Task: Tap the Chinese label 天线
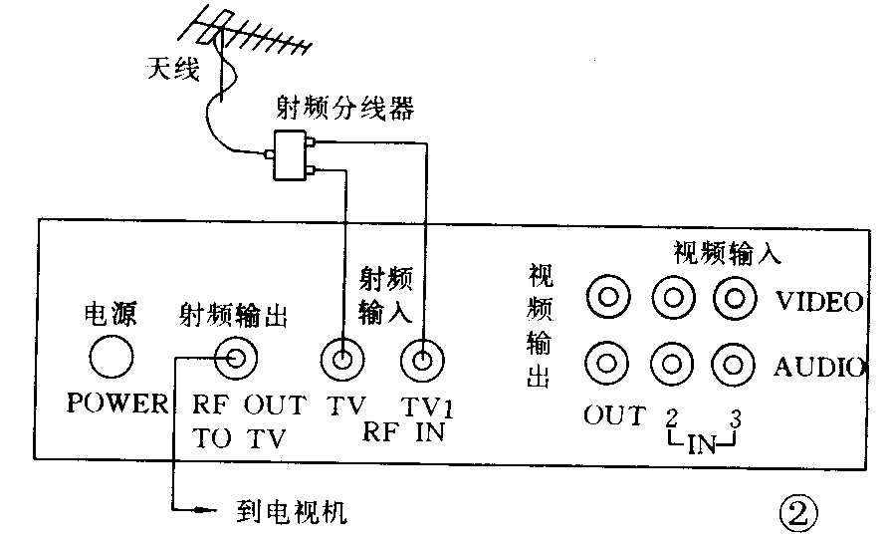click(174, 70)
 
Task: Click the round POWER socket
click(111, 356)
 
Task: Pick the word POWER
click(117, 405)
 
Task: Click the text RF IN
click(403, 433)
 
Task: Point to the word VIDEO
click(817, 302)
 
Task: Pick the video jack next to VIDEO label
click(737, 297)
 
